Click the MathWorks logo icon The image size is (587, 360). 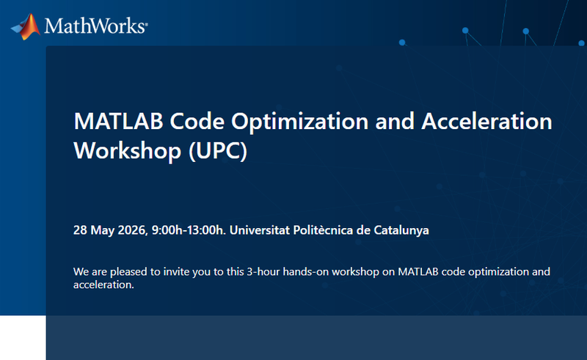coord(26,26)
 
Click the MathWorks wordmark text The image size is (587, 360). coord(96,26)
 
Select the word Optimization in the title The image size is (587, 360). coord(299,122)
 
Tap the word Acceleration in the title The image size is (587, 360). coord(486,121)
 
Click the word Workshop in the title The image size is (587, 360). coord(127,150)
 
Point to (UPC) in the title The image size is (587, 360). coord(218,151)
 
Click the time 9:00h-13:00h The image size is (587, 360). coord(189,229)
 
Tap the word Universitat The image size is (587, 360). coord(260,229)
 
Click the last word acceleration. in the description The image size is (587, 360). coord(103,284)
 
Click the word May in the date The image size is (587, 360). coord(103,230)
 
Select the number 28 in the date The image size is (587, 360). coord(81,229)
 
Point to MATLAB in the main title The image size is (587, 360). coord(118,121)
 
